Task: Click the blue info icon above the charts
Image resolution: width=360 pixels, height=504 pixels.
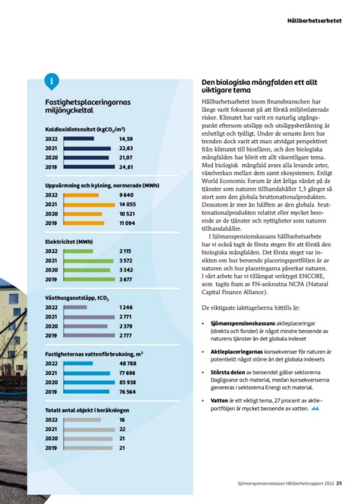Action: (52, 81)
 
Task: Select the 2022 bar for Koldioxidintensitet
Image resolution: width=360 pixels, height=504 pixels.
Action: (79, 139)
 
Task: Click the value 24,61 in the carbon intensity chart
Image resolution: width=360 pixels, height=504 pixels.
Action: (126, 166)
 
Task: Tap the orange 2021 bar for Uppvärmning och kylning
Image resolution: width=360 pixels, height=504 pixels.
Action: (89, 205)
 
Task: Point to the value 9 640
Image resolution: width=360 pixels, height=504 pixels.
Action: (126, 195)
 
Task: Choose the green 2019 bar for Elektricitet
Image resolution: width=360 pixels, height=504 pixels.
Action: (89, 279)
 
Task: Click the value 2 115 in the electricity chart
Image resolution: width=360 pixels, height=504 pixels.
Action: (125, 251)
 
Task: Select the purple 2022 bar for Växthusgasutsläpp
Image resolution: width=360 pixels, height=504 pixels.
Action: (75, 307)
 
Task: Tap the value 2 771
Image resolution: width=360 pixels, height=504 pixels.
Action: (126, 317)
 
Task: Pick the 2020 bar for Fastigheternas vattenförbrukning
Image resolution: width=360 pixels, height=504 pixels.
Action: (89, 382)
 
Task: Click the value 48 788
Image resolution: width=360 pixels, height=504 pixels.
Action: (127, 364)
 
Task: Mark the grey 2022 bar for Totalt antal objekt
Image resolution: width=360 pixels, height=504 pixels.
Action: (82, 420)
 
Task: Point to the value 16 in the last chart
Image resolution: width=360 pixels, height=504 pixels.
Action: (122, 420)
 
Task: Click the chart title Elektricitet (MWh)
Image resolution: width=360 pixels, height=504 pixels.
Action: (69, 241)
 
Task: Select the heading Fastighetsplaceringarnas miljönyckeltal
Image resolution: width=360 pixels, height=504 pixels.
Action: (88, 106)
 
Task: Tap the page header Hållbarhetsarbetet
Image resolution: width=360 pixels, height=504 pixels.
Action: (314, 20)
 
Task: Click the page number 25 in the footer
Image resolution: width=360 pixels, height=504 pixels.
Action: (339, 483)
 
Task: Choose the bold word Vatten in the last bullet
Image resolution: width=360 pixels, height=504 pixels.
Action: (219, 400)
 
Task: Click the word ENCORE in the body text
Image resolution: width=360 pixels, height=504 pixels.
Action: (311, 276)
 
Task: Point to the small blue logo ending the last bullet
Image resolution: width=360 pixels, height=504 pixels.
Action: (315, 409)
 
